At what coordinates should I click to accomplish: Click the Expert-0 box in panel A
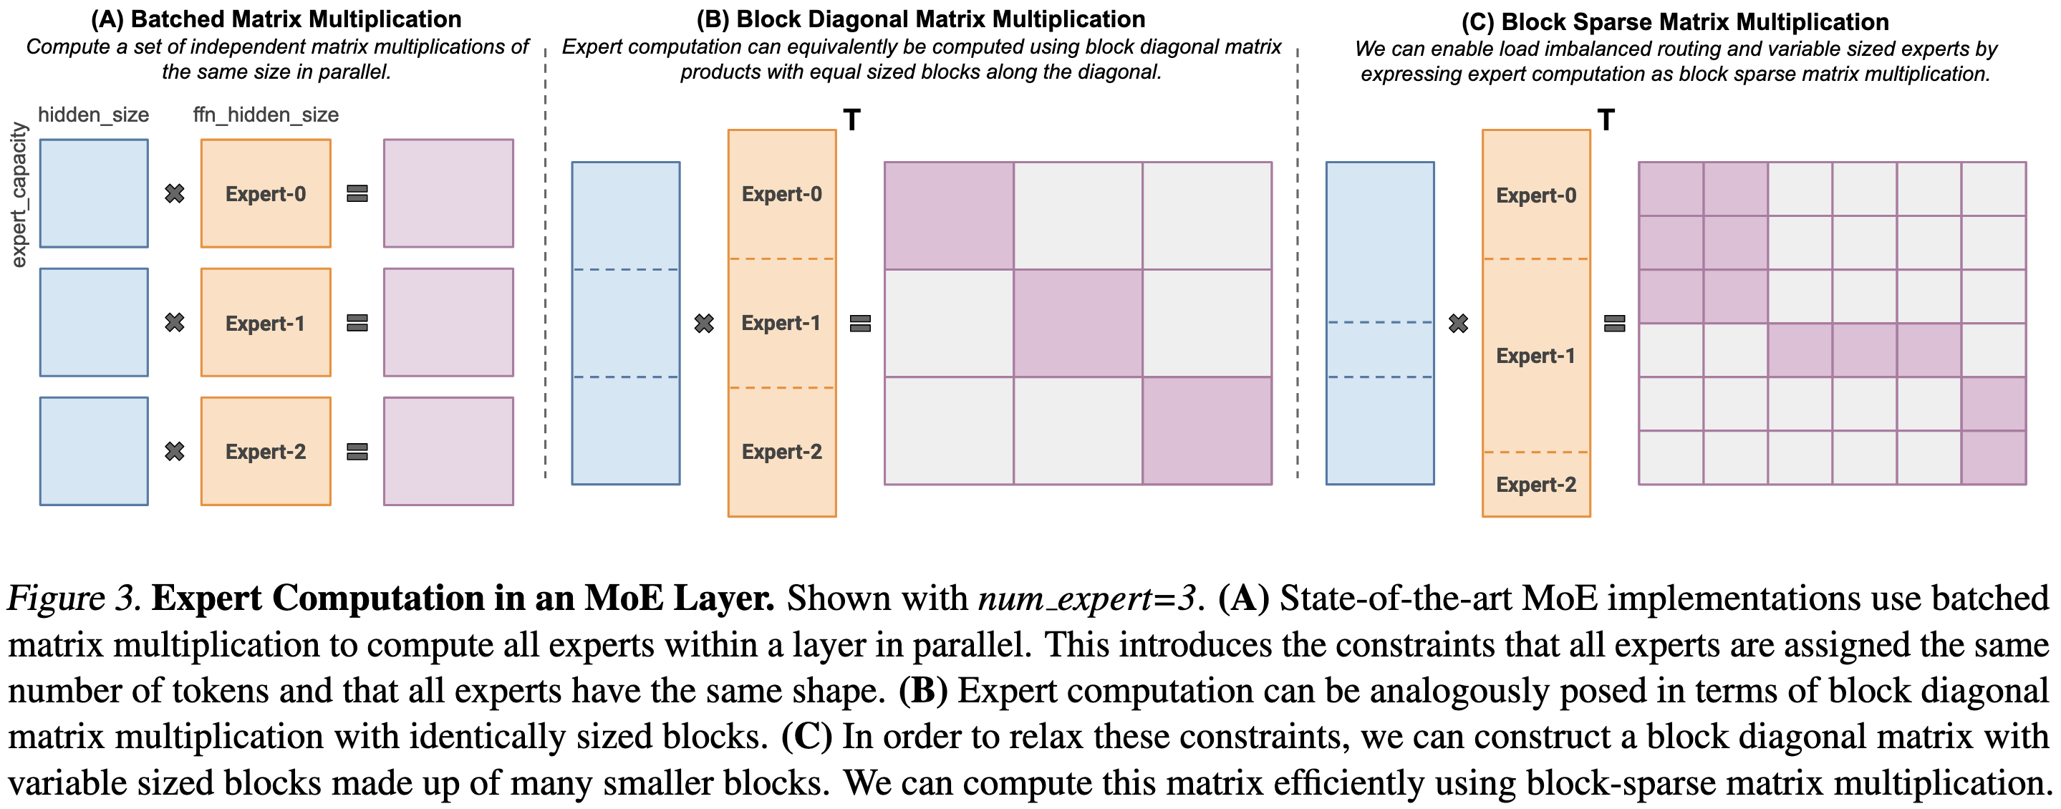coord(266,193)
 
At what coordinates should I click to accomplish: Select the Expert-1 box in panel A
coord(266,322)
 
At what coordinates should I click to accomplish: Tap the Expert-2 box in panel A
coord(266,451)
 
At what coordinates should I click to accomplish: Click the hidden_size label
coord(94,115)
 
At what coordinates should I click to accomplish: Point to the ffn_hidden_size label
coord(266,115)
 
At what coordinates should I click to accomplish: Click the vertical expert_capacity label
coord(19,195)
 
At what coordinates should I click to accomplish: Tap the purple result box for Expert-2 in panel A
coord(448,451)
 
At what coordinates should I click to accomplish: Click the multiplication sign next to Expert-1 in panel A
coord(175,322)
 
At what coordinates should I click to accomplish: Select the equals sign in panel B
coord(860,324)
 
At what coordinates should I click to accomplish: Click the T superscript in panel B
coord(852,121)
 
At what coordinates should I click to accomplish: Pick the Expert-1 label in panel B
coord(781,322)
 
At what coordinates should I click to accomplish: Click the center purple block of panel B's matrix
coord(1078,322)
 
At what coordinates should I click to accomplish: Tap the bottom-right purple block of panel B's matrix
coord(1207,430)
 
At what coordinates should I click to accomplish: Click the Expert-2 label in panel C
coord(1535,484)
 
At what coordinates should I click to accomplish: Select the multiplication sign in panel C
coord(1459,324)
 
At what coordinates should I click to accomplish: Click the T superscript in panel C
coord(1606,121)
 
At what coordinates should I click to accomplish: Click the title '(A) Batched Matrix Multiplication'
coord(276,19)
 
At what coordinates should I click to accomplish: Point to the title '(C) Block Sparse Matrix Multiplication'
coord(1674,21)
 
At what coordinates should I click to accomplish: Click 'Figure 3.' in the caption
coord(74,598)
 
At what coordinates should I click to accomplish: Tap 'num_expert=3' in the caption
coord(1086,598)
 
